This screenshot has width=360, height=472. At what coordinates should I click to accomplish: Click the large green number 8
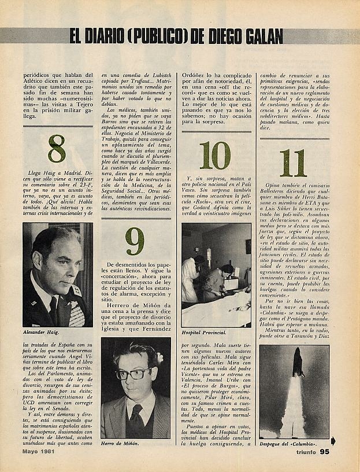coord(56,149)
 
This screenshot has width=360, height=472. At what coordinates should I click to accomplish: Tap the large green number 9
coord(135,242)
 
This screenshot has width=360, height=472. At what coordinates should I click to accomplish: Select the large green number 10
coord(215,155)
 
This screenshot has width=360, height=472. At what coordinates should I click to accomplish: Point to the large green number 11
coord(293,163)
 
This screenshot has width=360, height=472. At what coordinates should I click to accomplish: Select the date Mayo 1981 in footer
coord(43,451)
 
